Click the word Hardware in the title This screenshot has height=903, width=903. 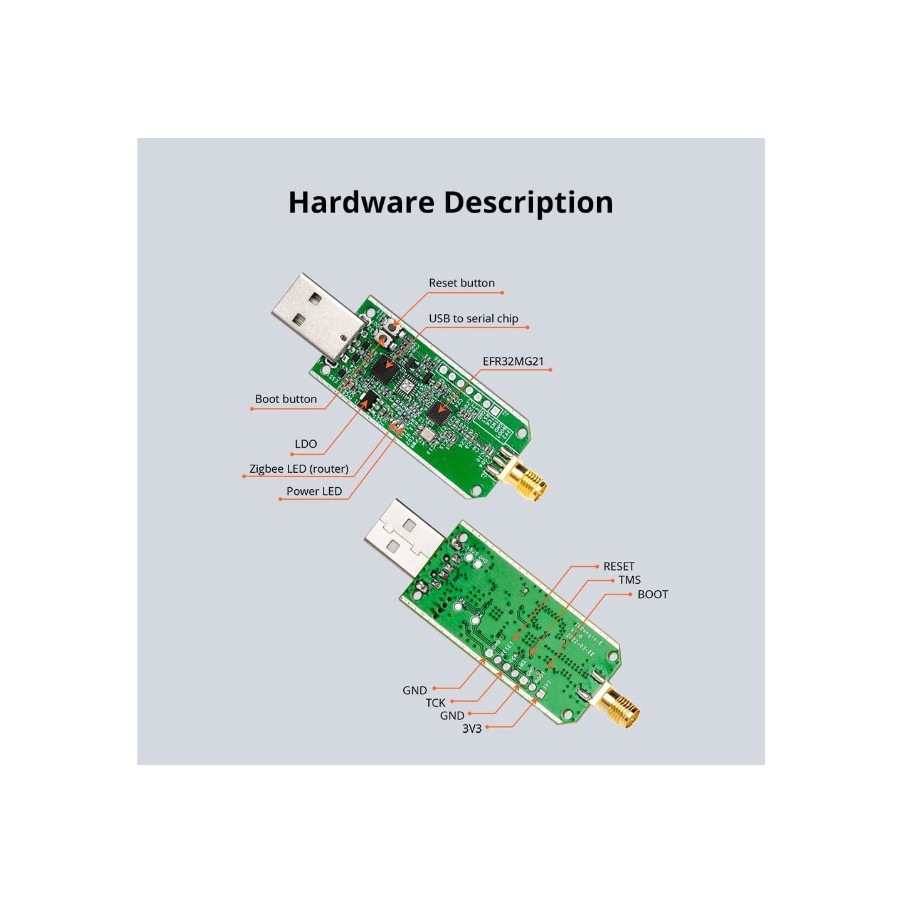[361, 203]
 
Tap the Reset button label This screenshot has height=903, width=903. [462, 283]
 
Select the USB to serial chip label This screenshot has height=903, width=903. [473, 319]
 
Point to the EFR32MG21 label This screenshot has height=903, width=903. [513, 361]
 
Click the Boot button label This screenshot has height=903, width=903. [285, 399]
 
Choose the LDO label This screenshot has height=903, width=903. [305, 444]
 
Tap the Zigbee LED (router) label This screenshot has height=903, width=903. [298, 468]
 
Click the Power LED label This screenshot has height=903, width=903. [314, 491]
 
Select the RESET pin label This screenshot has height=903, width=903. [618, 566]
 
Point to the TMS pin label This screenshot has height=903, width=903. [629, 580]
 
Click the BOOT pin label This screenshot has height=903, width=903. [652, 594]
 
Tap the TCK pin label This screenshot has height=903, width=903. [435, 703]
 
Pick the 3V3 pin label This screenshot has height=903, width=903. [472, 729]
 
